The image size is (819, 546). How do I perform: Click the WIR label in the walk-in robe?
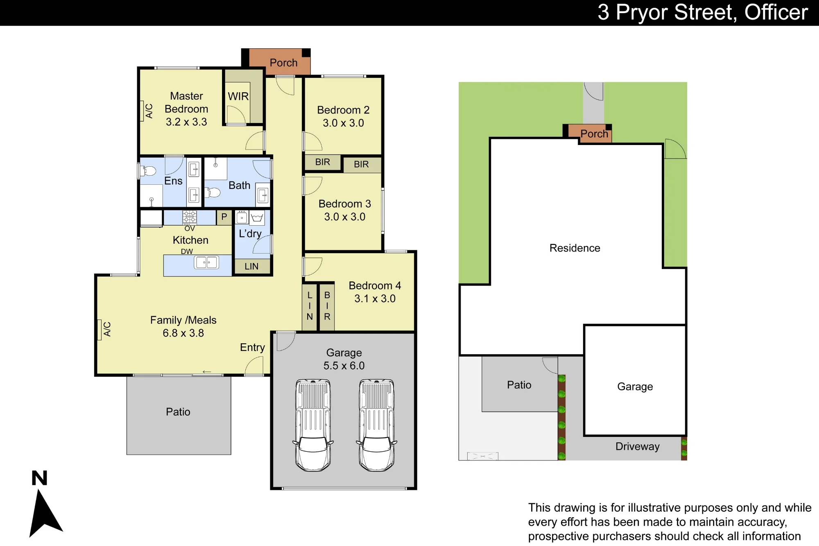pyautogui.click(x=238, y=96)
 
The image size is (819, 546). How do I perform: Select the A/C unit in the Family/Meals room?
pyautogui.click(x=99, y=330)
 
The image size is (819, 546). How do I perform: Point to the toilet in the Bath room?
pyautogui.click(x=213, y=192)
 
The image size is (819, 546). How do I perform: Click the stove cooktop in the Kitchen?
pyautogui.click(x=190, y=217)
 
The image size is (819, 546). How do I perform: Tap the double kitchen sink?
pyautogui.click(x=206, y=262)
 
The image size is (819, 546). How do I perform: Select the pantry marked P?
pyautogui.click(x=224, y=217)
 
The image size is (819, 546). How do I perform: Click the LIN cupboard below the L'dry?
pyautogui.click(x=251, y=266)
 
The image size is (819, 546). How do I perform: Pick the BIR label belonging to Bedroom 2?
pyautogui.click(x=323, y=162)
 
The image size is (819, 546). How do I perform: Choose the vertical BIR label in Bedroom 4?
pyautogui.click(x=327, y=306)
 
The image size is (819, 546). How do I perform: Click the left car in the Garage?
pyautogui.click(x=313, y=425)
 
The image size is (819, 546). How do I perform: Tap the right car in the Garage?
pyautogui.click(x=377, y=425)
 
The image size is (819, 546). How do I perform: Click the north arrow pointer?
pyautogui.click(x=45, y=514)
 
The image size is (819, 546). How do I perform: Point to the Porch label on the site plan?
pyautogui.click(x=594, y=134)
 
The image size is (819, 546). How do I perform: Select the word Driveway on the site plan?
pyautogui.click(x=638, y=446)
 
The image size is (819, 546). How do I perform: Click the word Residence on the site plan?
pyautogui.click(x=575, y=248)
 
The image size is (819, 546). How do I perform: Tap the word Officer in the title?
pyautogui.click(x=776, y=12)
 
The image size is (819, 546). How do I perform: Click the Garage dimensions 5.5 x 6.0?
pyautogui.click(x=344, y=366)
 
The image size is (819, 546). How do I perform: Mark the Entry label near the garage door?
pyautogui.click(x=252, y=348)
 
